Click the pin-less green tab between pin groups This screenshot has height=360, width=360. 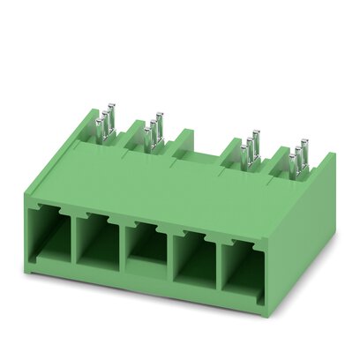pyautogui.click(x=185, y=141)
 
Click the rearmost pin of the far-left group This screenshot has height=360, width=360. pyautogui.click(x=114, y=115)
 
